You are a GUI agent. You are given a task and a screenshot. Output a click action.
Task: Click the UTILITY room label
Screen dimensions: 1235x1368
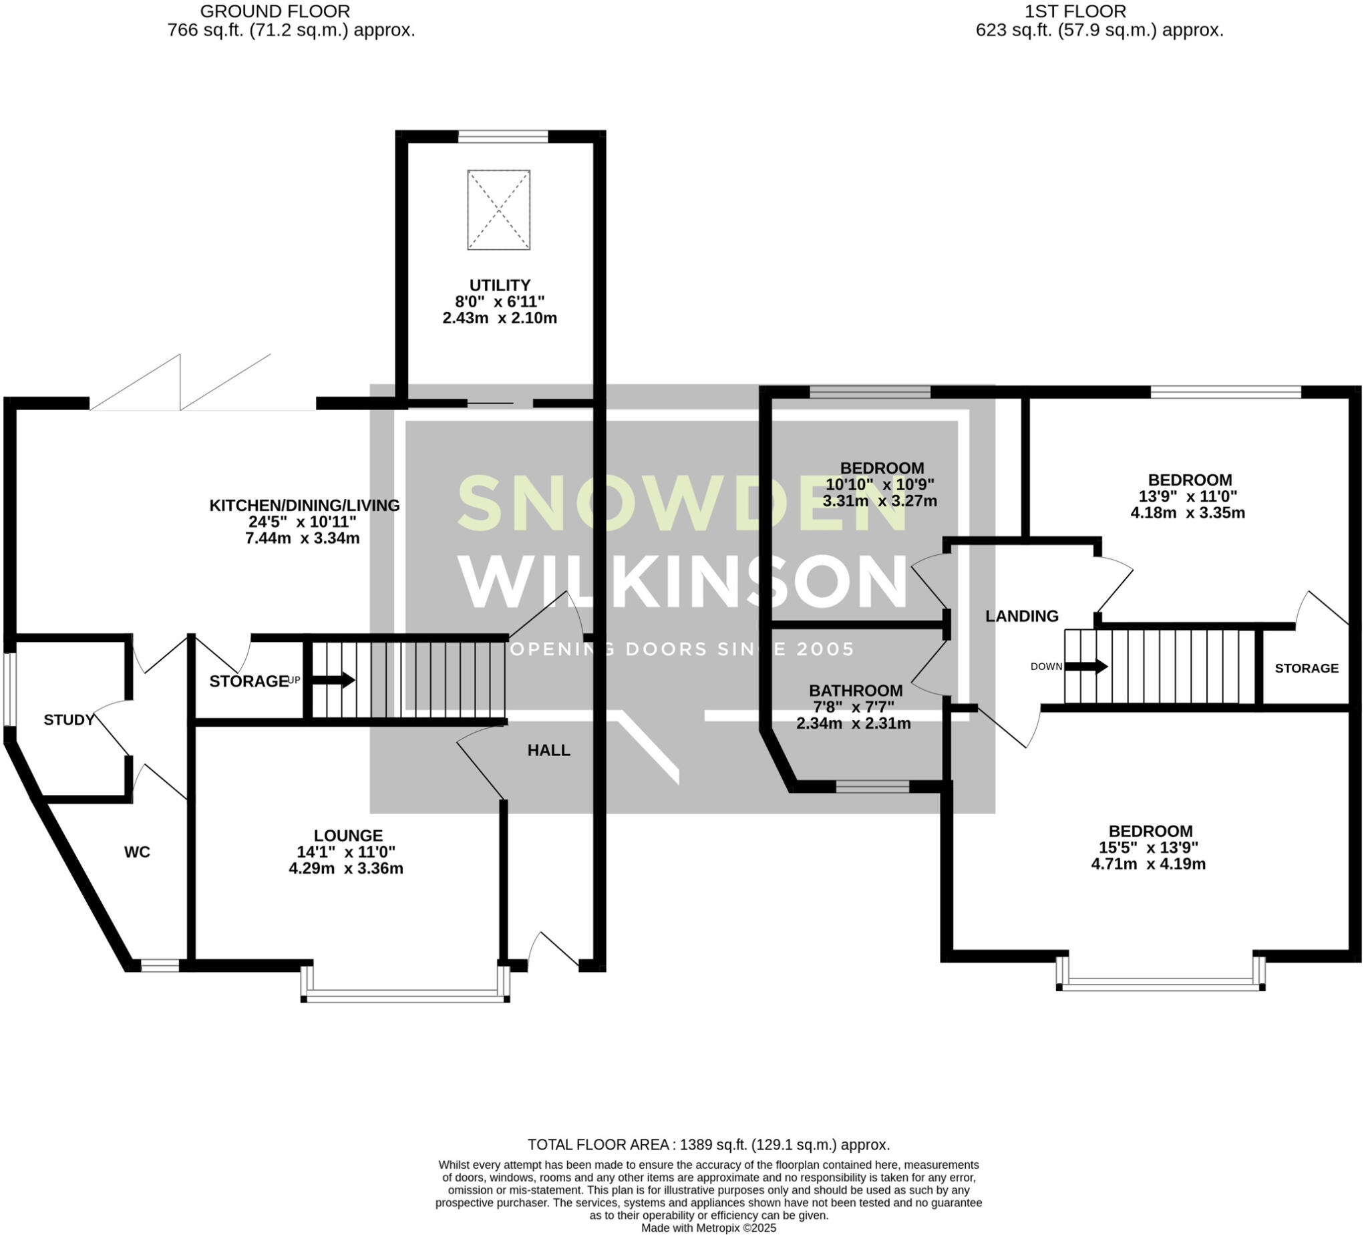coord(500,285)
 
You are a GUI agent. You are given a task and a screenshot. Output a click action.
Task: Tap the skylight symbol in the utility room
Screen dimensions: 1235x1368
coord(499,210)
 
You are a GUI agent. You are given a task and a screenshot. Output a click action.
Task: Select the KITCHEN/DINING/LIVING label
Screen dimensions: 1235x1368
coord(304,506)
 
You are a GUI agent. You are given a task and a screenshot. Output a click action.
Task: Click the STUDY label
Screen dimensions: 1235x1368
coord(69,720)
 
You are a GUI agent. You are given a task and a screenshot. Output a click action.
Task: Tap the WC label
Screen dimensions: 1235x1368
coord(137,852)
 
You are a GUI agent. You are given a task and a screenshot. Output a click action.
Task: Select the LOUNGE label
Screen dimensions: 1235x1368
coord(348,836)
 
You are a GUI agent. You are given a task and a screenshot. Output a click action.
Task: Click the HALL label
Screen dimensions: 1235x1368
coord(549,750)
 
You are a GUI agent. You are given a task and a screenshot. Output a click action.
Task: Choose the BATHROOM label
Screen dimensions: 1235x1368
coord(856,691)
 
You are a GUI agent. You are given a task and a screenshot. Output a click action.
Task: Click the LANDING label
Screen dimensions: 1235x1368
coord(1022,616)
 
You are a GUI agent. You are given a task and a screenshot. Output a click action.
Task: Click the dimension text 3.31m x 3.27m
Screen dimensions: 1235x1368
coord(880,502)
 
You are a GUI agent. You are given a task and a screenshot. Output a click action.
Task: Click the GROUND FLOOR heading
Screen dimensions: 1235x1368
coord(275,11)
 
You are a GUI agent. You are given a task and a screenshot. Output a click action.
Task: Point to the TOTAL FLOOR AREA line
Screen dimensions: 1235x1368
coord(709,1145)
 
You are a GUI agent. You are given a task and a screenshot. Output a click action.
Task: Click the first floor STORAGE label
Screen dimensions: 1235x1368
coord(1307,669)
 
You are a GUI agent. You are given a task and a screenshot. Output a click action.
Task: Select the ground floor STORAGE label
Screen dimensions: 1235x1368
coord(249,681)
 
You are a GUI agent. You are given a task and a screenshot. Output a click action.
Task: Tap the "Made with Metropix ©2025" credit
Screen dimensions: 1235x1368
coord(709,1228)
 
